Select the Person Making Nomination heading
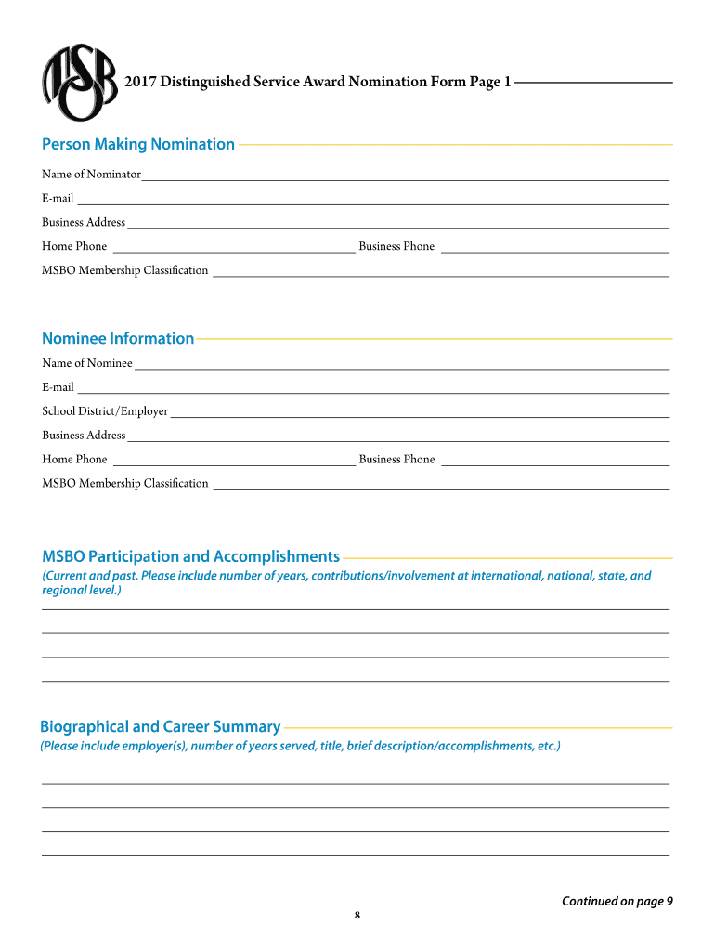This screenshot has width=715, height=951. [138, 144]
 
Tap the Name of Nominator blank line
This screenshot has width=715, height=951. [405, 175]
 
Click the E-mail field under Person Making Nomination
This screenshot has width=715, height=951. [371, 199]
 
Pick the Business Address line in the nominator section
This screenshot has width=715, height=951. [397, 223]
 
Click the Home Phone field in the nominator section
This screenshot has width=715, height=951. [232, 247]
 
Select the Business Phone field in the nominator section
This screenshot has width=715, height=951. [555, 247]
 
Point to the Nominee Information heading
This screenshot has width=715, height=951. [118, 338]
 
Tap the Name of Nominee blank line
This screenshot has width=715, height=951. [401, 364]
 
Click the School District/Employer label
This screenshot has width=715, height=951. [105, 411]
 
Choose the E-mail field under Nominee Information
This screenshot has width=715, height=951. [371, 388]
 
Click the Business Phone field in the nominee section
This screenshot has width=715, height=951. [555, 460]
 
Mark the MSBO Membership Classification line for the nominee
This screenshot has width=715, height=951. [440, 484]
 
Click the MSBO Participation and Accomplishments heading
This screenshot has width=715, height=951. [190, 556]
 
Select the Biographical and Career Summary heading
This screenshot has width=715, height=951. [160, 726]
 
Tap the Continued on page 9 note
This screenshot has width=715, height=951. [617, 901]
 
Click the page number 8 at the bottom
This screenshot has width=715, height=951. [357, 917]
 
